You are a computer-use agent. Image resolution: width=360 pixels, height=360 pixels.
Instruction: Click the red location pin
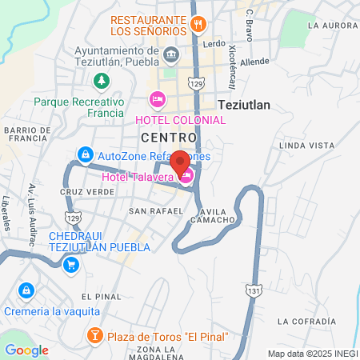click(180, 162)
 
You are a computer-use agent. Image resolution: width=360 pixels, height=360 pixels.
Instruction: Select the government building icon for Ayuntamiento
click(170, 54)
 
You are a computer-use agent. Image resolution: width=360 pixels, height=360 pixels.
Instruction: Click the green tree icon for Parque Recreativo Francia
click(101, 80)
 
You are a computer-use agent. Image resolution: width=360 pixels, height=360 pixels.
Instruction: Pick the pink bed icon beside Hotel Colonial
click(157, 99)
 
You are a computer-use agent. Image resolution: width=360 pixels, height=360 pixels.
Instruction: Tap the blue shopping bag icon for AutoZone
click(84, 154)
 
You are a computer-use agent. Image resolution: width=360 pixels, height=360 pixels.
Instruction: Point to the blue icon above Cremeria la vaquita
click(26, 290)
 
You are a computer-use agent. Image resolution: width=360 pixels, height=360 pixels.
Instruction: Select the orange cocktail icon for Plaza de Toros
click(94, 334)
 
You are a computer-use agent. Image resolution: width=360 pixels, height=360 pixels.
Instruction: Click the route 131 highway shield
click(253, 290)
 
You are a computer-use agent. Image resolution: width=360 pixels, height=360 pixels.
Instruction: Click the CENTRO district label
click(168, 138)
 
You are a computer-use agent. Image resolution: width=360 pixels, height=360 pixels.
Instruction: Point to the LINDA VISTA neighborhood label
click(306, 145)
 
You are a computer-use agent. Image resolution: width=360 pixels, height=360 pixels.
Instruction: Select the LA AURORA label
click(331, 26)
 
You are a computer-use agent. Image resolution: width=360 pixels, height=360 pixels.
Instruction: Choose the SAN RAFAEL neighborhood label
click(150, 211)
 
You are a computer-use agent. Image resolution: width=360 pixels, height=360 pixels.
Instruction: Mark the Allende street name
click(254, 61)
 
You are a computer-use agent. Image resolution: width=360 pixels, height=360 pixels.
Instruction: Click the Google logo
click(26, 350)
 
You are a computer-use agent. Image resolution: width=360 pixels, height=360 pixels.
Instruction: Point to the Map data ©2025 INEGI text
click(311, 354)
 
